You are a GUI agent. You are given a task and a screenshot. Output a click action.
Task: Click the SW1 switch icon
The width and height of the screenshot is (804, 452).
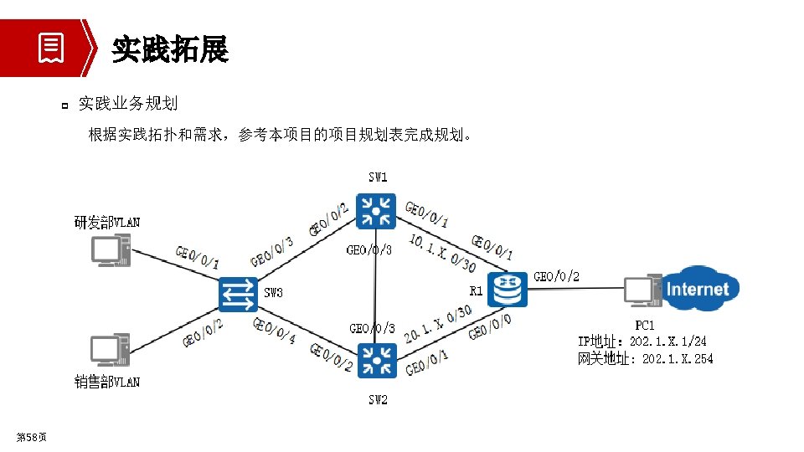coord(375,210)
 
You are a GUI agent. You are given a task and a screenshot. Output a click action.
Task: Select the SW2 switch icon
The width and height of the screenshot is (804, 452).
coord(375,360)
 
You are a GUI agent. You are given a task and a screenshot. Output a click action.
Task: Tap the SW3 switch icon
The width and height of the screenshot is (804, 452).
coord(239,295)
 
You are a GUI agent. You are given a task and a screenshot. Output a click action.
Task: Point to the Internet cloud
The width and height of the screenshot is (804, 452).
coord(697,289)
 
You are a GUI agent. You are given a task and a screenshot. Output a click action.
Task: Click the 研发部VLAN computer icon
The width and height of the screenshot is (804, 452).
coord(111,250)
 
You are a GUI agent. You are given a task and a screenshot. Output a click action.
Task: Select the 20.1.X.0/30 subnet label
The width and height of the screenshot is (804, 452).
coord(438,324)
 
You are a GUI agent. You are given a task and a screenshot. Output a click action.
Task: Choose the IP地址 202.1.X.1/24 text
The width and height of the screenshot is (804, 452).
coord(642,342)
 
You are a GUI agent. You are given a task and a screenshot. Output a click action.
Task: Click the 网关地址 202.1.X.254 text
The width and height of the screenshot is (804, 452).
coord(645,359)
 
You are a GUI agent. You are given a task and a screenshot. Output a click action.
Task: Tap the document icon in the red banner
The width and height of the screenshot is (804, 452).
coord(51,49)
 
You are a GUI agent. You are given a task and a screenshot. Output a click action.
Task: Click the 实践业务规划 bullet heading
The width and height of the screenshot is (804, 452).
coord(127,104)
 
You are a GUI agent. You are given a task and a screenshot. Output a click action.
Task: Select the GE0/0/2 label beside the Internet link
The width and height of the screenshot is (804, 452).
coord(556,276)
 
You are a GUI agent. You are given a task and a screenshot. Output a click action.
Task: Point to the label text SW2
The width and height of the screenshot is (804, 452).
coord(378,400)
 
